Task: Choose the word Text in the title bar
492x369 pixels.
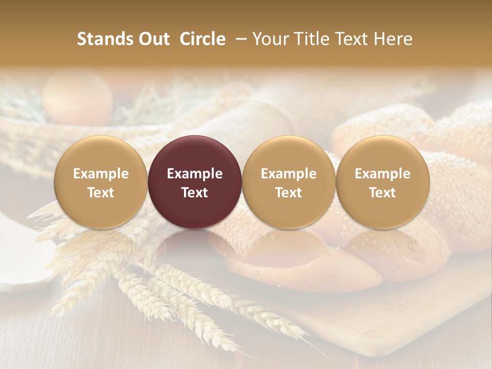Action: coord(354,39)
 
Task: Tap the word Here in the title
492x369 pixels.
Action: coord(393,39)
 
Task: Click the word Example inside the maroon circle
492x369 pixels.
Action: coord(195,174)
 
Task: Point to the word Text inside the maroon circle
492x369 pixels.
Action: coord(195,193)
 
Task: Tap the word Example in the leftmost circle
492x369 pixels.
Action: coord(101,174)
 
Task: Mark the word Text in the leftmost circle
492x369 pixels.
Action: coord(101,193)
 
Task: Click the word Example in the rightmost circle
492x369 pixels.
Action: coord(383,174)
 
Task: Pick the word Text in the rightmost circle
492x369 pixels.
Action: coord(383,193)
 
